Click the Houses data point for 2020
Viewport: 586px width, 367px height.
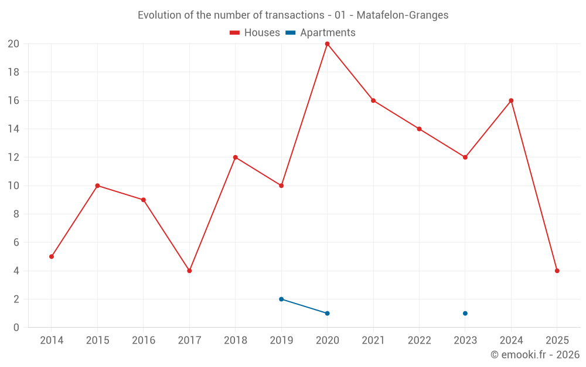tap(327, 44)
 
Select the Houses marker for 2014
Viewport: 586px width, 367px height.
tap(52, 257)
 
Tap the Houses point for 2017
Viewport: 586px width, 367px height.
tap(189, 271)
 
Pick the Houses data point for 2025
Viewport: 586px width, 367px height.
tap(557, 271)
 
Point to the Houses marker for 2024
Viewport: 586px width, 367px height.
tap(511, 100)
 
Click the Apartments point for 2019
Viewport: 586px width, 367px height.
tap(281, 299)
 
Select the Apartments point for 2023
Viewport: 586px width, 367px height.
tap(465, 313)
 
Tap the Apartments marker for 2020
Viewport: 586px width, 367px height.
tap(327, 313)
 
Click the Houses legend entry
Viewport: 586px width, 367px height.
tap(255, 33)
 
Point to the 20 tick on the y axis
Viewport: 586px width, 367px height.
tap(13, 44)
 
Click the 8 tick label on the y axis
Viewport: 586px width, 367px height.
tap(16, 214)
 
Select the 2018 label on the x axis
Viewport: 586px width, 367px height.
tap(235, 341)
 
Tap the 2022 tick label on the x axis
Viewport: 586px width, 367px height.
tap(419, 341)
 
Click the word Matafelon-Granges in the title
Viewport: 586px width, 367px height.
tap(403, 15)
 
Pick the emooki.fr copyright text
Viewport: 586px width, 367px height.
tap(535, 355)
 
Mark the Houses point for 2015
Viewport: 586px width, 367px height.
tap(97, 186)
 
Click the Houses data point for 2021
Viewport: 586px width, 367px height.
tap(373, 100)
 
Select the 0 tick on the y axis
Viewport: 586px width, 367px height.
tap(16, 328)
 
